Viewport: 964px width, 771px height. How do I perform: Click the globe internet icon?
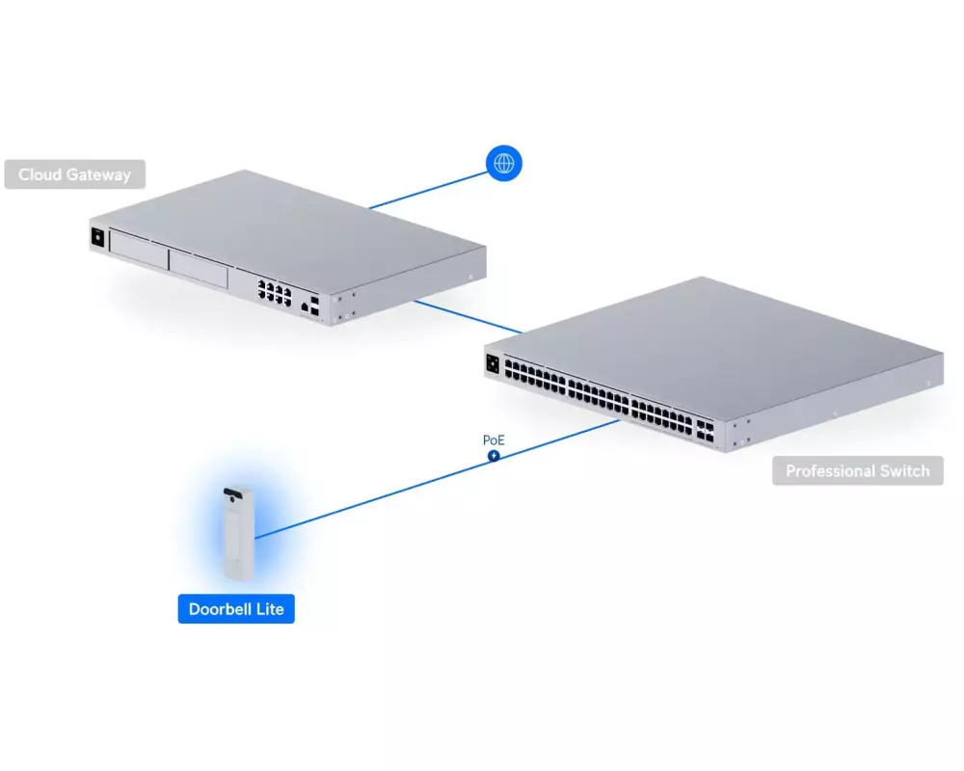click(x=503, y=164)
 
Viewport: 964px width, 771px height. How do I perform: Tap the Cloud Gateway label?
click(x=74, y=174)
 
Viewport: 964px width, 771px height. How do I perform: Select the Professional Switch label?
click(x=857, y=471)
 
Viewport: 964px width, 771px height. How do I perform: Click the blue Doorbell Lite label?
click(x=235, y=609)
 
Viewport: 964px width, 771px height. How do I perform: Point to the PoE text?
click(x=494, y=440)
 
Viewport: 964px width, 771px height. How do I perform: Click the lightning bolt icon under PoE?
click(x=494, y=455)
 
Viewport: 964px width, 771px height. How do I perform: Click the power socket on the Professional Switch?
click(x=495, y=363)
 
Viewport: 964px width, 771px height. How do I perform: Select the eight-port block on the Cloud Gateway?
click(x=274, y=291)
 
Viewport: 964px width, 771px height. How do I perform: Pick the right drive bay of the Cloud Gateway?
click(x=198, y=267)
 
